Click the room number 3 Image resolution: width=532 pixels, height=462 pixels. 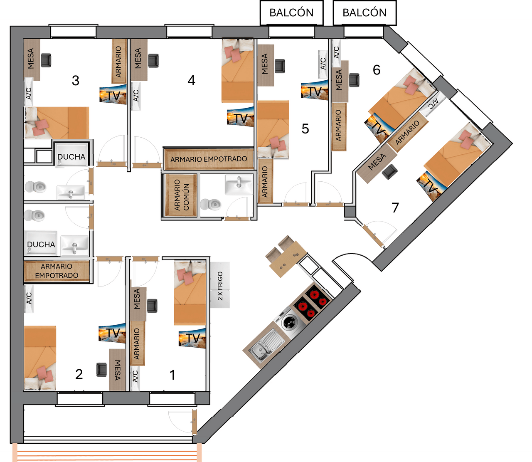[x=75, y=80]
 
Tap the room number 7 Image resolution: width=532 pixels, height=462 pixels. [x=395, y=208]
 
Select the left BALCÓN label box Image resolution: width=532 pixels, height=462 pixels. [x=291, y=13]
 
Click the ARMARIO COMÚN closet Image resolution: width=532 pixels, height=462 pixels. [x=181, y=195]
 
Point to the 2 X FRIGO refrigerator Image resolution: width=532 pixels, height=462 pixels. [x=220, y=285]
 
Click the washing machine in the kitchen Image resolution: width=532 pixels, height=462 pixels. [x=291, y=322]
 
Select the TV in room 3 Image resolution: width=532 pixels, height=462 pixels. [x=113, y=94]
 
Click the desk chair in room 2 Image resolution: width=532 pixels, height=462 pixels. [x=101, y=370]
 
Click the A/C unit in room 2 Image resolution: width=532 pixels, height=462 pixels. [x=29, y=299]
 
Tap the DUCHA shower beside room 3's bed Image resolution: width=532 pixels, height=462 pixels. [x=71, y=155]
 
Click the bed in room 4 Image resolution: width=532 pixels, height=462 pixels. [x=237, y=71]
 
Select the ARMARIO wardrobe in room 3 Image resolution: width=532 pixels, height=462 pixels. [x=119, y=61]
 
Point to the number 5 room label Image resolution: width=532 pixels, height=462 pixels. [x=305, y=128]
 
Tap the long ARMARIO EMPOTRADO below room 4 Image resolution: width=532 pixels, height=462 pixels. [x=209, y=159]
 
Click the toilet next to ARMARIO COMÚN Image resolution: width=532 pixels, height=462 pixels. [x=211, y=204]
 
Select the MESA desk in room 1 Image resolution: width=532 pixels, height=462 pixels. [x=138, y=304]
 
